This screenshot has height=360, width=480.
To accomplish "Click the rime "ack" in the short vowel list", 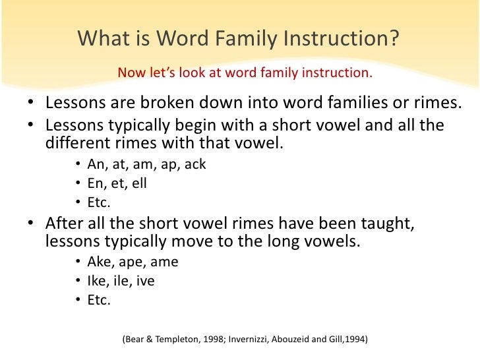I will [x=196, y=165].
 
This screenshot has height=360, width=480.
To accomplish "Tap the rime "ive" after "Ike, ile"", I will [x=146, y=281].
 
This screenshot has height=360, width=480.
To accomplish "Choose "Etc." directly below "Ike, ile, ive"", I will [x=100, y=300].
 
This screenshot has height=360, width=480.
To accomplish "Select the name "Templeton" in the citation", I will [x=173, y=340].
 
